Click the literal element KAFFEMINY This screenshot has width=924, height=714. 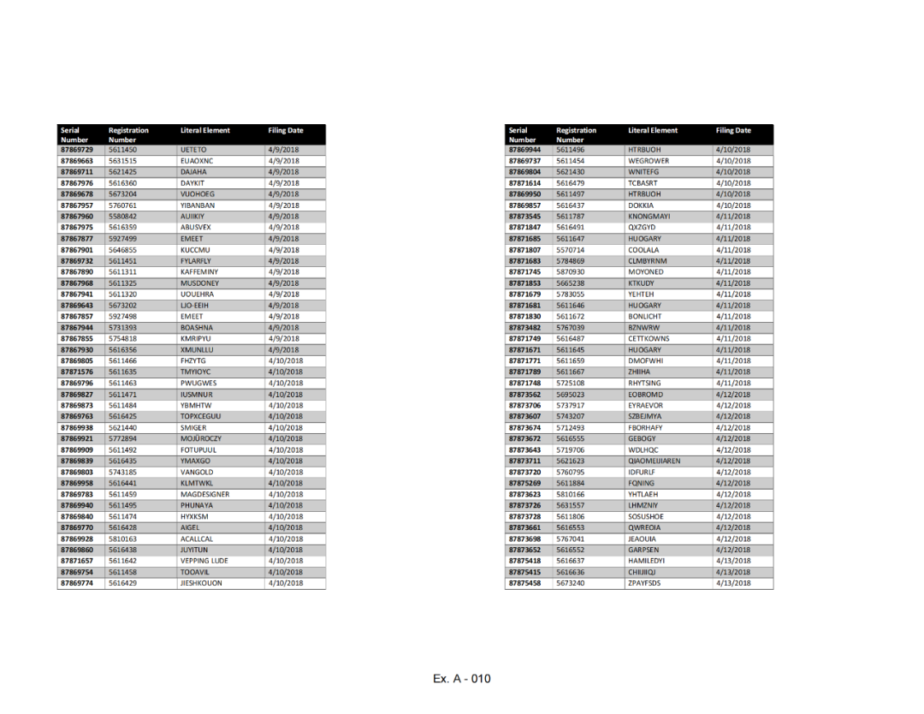pos(199,272)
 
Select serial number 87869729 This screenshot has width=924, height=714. pos(76,150)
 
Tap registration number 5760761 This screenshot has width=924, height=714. pos(123,205)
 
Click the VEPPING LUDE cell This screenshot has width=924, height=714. pos(204,562)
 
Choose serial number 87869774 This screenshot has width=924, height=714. pos(76,584)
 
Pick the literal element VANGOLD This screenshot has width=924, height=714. pos(197,473)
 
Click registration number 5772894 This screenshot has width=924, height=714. pos(123,439)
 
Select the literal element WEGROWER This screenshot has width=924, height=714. pos(649,161)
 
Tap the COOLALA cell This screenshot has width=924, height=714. pos(643,250)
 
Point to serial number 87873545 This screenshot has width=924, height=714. pos(524,217)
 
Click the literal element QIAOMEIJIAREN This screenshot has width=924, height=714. pos(654,461)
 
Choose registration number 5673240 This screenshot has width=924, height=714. pos(571,584)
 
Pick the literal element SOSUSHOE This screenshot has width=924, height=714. pos(647,517)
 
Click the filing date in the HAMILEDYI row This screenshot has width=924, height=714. pos(732,562)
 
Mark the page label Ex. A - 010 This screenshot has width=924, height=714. pos(462,679)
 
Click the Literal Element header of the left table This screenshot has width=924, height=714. pos(205,131)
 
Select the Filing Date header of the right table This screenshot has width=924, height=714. pos(733,131)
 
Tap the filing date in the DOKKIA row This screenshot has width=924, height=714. pos(732,205)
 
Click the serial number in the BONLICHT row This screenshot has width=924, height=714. pos(524,317)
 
